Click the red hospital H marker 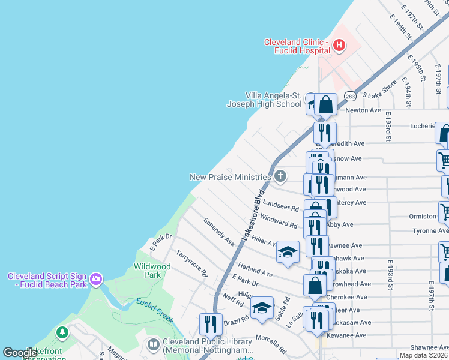[x=339, y=44]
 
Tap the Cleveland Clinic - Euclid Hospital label [x=297, y=46]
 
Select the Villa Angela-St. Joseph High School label [x=264, y=100]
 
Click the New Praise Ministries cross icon [x=280, y=176]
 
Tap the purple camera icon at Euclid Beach [x=95, y=279]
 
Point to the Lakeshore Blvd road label [x=253, y=216]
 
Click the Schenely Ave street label [x=219, y=232]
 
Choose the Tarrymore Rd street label [x=191, y=264]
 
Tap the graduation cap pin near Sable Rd [x=262, y=307]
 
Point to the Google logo [x=19, y=353]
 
